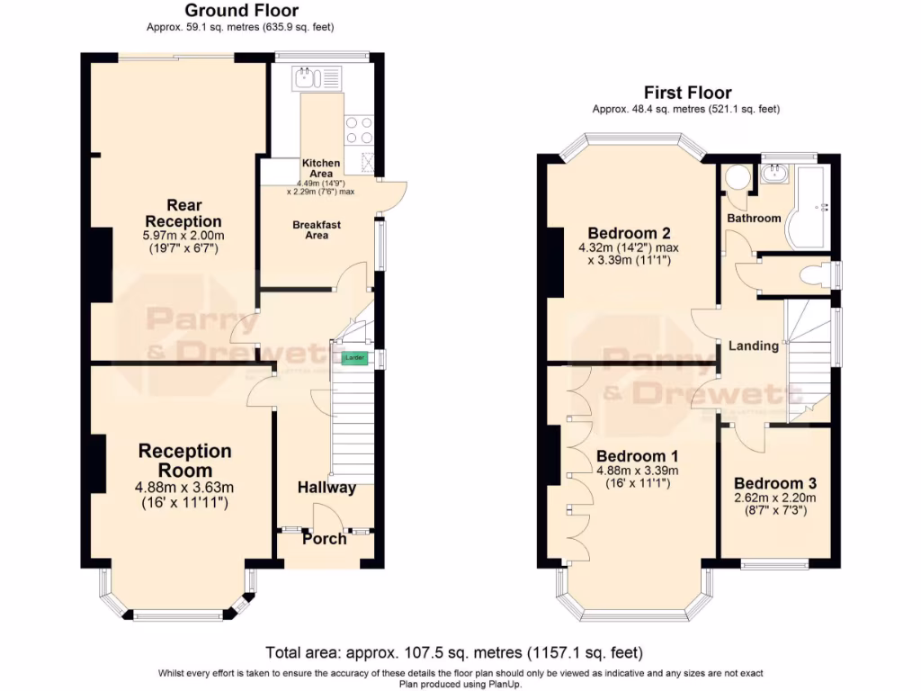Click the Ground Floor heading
[x=241, y=11]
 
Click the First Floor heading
[x=687, y=93]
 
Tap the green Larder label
[x=354, y=359]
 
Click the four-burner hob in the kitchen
[x=358, y=130]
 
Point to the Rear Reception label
[x=183, y=213]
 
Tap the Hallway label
[x=327, y=488]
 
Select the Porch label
[x=324, y=539]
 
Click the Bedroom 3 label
[x=774, y=483]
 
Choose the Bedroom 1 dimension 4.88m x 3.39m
[x=637, y=471]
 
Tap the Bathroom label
[x=754, y=218]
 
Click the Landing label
[x=753, y=345]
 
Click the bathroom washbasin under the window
[x=773, y=173]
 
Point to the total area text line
[x=454, y=652]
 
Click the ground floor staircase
[x=353, y=423]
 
